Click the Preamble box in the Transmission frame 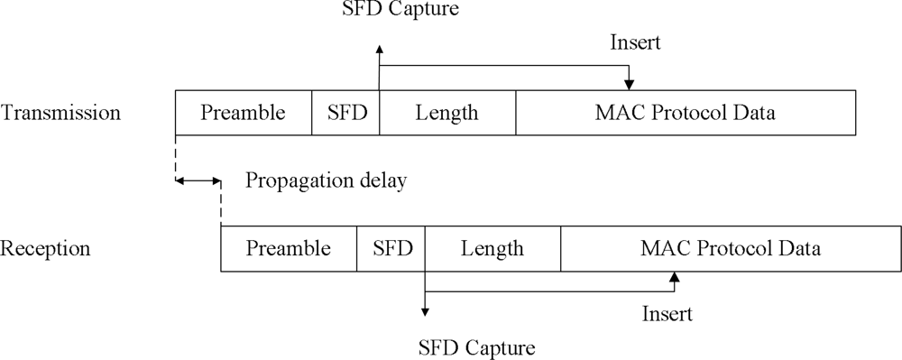(243, 113)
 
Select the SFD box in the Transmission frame (345, 113)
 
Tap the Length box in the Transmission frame (447, 113)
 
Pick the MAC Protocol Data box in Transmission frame (686, 113)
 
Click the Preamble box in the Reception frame (289, 248)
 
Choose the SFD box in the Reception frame (391, 248)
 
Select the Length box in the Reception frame (492, 248)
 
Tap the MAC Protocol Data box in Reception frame (731, 248)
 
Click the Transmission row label (61, 113)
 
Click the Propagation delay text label (327, 180)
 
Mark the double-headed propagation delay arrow (198, 182)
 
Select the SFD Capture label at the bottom (478, 346)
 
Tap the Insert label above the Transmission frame (637, 42)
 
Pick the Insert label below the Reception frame (667, 314)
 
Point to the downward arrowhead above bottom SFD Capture (425, 311)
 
